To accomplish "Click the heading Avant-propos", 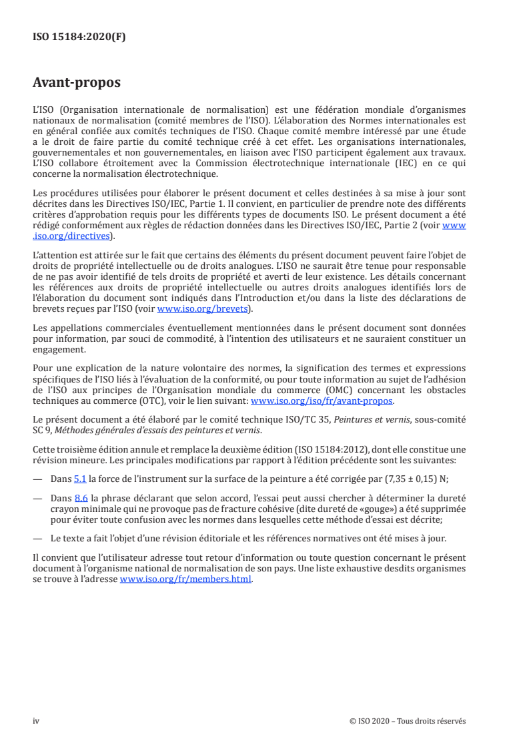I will tap(77, 83).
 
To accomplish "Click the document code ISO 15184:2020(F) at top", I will tap(79, 37).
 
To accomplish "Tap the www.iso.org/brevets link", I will tap(202, 309).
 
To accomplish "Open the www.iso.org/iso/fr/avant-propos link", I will tap(322, 401).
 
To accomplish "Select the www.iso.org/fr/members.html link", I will tap(185, 579).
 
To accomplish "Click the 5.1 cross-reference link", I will tap(80, 480).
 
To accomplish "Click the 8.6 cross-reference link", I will tap(80, 497).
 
